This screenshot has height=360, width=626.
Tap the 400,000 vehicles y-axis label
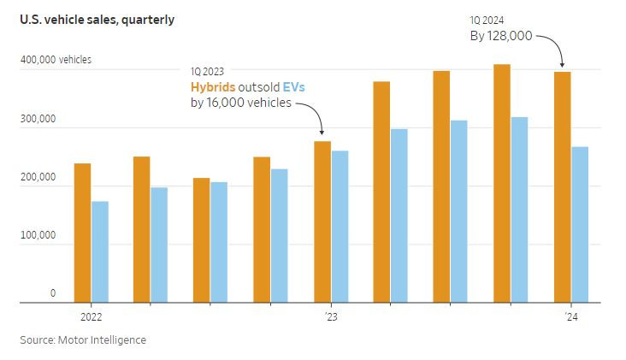pyautogui.click(x=56, y=60)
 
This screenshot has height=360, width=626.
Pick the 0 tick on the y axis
pyautogui.click(x=52, y=293)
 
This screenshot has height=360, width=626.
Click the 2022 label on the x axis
pyautogui.click(x=91, y=316)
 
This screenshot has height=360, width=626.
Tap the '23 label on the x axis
pyautogui.click(x=331, y=316)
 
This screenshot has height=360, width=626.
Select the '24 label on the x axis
pyautogui.click(x=570, y=316)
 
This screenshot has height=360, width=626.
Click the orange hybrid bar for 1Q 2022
pyautogui.click(x=82, y=233)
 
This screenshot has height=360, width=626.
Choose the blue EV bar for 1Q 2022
pyautogui.click(x=100, y=251)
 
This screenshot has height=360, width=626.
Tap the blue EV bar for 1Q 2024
pyautogui.click(x=580, y=224)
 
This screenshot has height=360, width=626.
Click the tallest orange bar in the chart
pyautogui.click(x=502, y=183)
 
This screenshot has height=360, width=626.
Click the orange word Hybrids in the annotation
pyautogui.click(x=214, y=86)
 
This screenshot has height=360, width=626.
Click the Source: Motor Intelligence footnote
pyautogui.click(x=83, y=340)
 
